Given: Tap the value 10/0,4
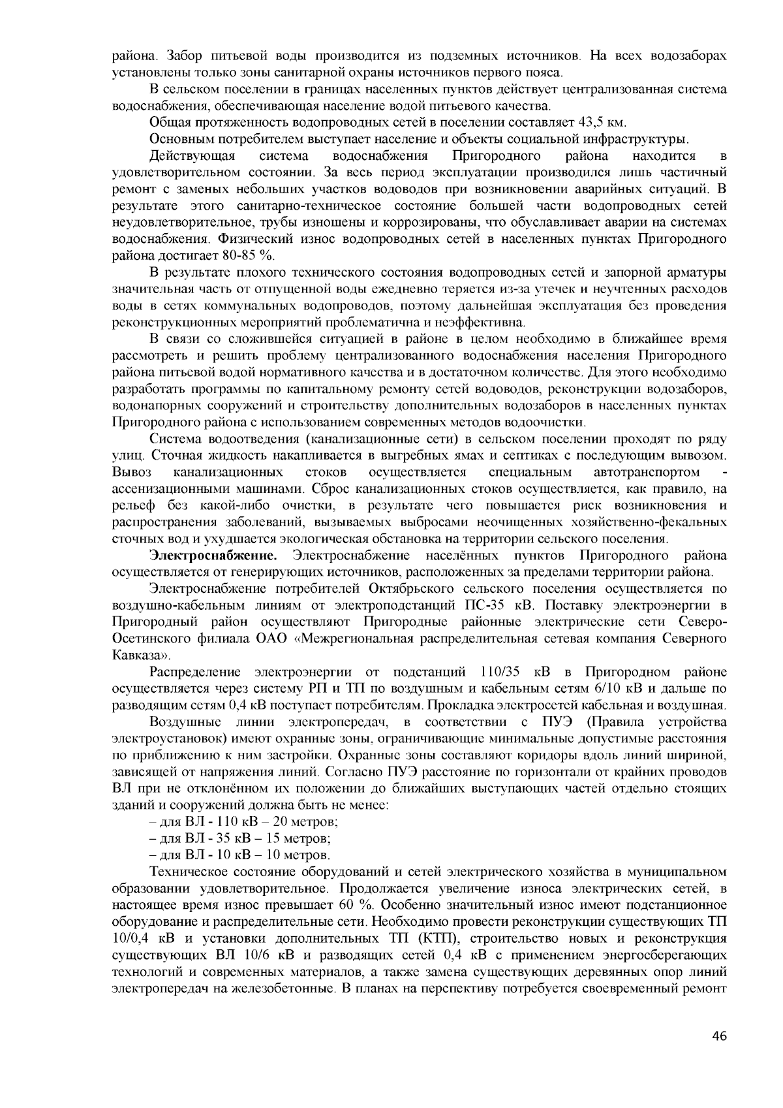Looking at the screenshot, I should (136, 939).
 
